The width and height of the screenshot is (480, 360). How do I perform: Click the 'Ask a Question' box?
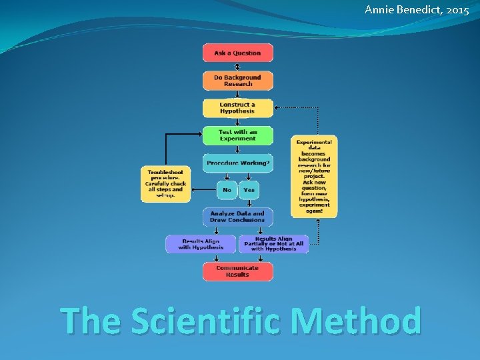tap(237, 53)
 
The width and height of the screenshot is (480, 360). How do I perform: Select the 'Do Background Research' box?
tap(237, 81)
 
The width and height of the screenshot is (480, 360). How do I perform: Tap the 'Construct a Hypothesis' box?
tap(237, 108)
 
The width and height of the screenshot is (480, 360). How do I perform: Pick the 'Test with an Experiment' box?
tap(237, 135)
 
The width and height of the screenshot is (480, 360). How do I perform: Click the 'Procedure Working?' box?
tap(237, 163)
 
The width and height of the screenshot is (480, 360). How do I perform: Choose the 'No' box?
tap(227, 190)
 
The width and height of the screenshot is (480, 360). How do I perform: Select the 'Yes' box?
tap(249, 190)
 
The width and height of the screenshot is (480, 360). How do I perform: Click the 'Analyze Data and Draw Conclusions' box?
tap(237, 217)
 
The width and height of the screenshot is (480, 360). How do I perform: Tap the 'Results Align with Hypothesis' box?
tap(201, 244)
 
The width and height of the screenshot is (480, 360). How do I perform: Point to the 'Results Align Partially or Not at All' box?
tap(273, 244)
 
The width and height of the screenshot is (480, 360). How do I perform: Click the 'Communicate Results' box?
tap(237, 271)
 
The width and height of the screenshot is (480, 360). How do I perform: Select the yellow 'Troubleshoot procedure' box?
tap(165, 183)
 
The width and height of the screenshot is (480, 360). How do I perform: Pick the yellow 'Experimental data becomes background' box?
tap(314, 176)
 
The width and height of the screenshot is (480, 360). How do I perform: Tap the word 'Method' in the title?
tap(357, 321)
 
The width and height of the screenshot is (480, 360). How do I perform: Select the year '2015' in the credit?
tap(457, 10)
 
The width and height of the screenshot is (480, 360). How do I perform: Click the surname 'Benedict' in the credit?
tap(417, 10)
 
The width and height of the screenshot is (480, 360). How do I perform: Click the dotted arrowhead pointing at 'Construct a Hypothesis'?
tap(277, 107)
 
